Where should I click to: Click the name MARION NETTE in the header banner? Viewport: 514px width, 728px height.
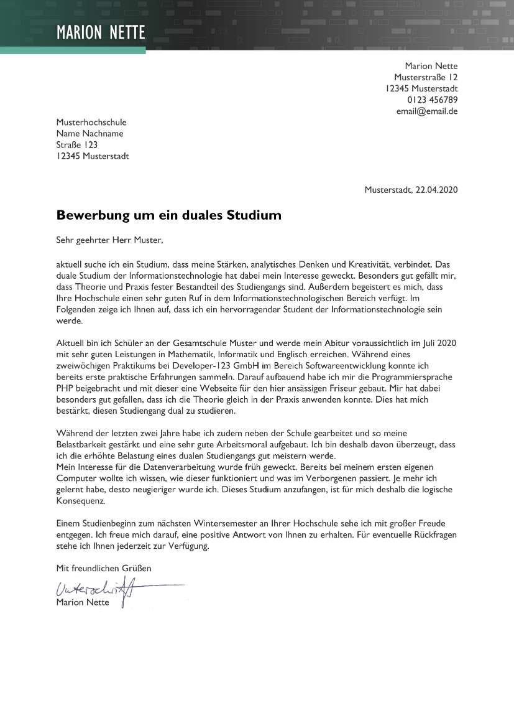pyautogui.click(x=101, y=32)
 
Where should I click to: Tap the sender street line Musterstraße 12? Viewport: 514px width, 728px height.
pyautogui.click(x=426, y=77)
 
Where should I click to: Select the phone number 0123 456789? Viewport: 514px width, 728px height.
pyautogui.click(x=433, y=100)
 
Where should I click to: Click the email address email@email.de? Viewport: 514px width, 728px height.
pyautogui.click(x=427, y=111)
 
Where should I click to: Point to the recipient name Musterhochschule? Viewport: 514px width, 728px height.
pyautogui.click(x=91, y=123)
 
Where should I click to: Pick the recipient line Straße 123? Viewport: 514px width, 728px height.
pyautogui.click(x=76, y=145)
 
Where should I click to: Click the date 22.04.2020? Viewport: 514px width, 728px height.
pyautogui.click(x=437, y=190)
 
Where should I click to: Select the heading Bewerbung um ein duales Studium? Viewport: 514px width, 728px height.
pyautogui.click(x=168, y=215)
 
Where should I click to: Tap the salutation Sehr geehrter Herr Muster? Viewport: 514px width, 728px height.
pyautogui.click(x=109, y=239)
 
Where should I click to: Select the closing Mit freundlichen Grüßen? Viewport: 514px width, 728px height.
pyautogui.click(x=103, y=568)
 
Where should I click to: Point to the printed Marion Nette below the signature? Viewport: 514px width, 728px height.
pyautogui.click(x=82, y=602)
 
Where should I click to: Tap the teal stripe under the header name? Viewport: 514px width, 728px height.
pyautogui.click(x=73, y=50)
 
